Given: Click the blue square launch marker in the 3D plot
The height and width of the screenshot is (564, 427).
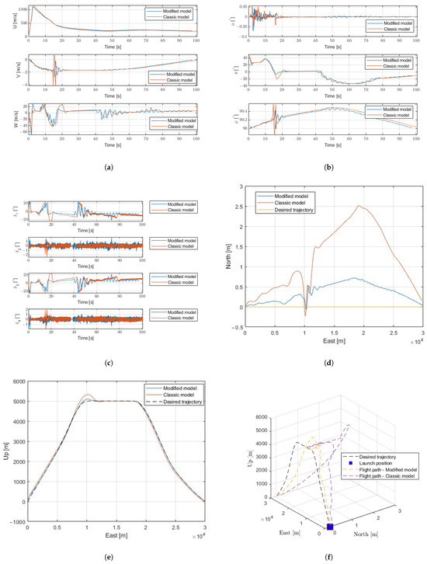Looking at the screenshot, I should tap(330, 527).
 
